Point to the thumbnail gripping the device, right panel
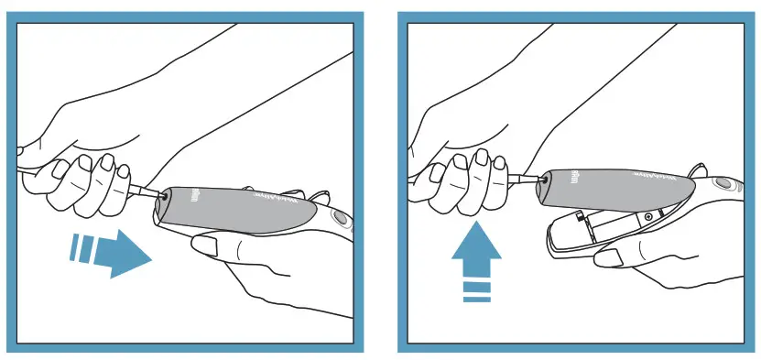pyautogui.click(x=608, y=257)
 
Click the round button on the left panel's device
pyautogui.click(x=341, y=220)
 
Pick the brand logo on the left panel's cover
pyautogui.click(x=194, y=195)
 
